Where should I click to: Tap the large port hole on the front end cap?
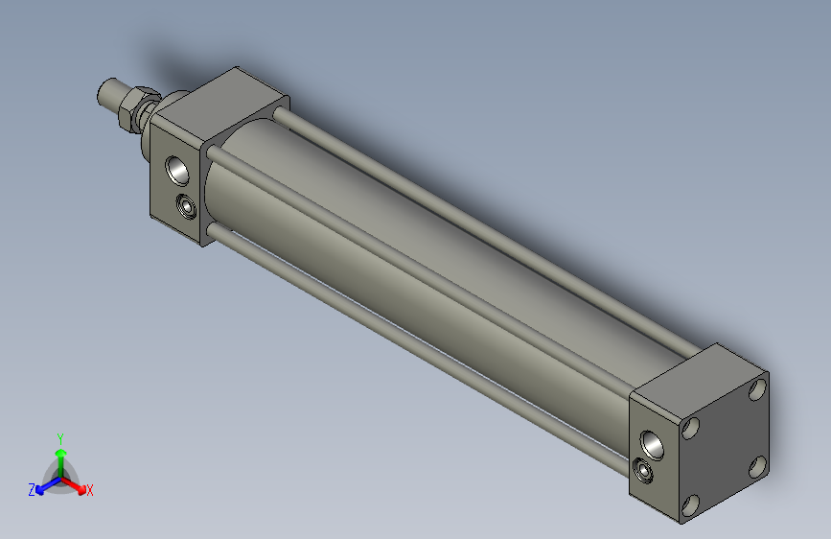click(179, 170)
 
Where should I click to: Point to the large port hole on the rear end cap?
click(653, 443)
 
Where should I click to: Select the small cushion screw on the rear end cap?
click(644, 470)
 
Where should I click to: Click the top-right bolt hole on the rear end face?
click(757, 388)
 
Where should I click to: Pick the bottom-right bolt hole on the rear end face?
click(755, 466)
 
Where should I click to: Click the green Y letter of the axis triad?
click(59, 437)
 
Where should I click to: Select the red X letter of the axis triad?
click(90, 491)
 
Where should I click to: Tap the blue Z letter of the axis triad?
click(32, 490)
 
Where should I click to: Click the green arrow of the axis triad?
click(60, 456)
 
